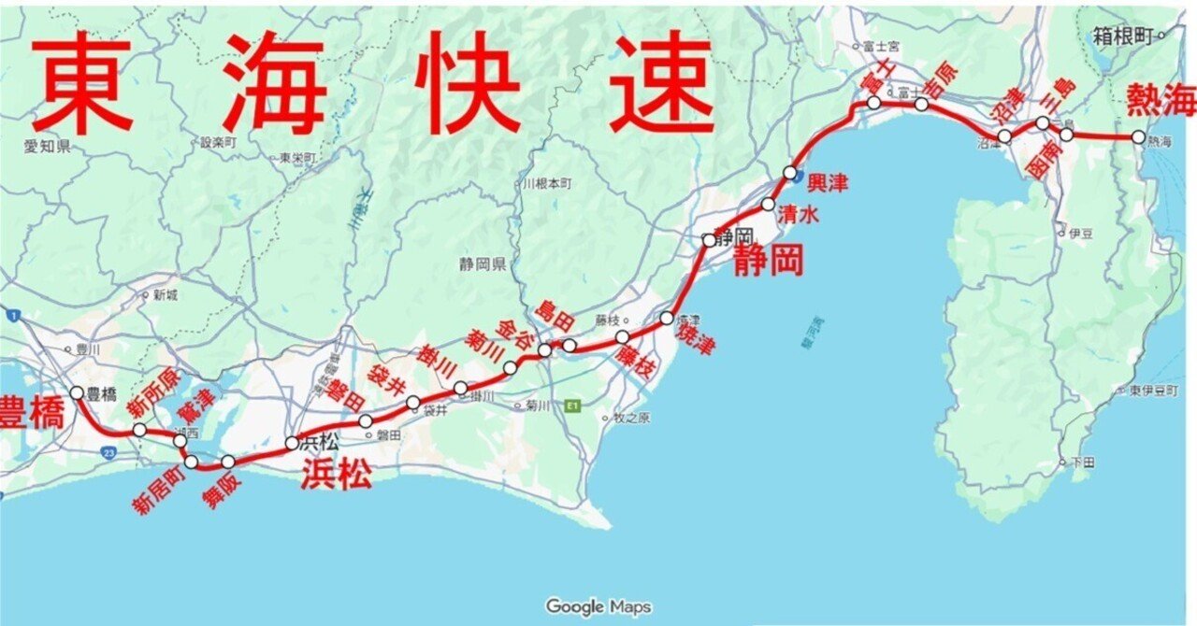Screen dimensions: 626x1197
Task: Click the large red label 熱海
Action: coord(1161,98)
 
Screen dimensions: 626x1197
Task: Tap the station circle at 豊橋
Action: coord(78,393)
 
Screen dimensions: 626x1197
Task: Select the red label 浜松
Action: coord(336,475)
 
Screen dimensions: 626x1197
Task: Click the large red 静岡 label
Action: coord(768,262)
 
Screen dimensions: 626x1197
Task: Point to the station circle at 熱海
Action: coord(1138,136)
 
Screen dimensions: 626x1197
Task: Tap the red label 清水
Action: coord(800,215)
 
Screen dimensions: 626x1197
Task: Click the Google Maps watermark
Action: coord(598,606)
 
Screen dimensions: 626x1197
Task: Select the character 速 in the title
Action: coord(662,81)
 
